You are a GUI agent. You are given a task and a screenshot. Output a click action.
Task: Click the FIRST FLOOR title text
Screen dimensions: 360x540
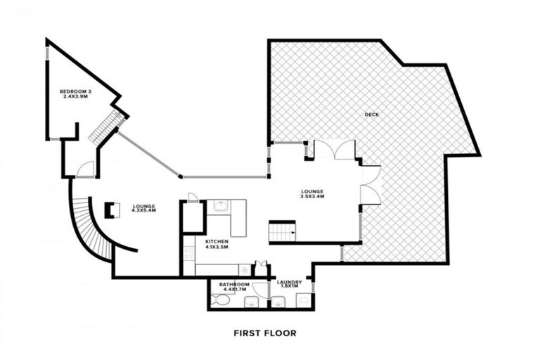(x=264, y=333)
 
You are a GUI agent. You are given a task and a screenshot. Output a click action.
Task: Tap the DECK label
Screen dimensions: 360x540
(x=371, y=115)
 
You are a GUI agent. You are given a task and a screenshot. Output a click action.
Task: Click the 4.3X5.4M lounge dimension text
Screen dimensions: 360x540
(x=143, y=210)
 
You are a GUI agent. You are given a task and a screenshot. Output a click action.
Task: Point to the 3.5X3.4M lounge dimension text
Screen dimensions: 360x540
(x=311, y=197)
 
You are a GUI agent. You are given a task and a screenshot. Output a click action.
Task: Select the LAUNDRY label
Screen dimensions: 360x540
(x=289, y=283)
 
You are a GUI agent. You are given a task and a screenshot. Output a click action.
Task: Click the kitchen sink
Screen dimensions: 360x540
(x=220, y=205)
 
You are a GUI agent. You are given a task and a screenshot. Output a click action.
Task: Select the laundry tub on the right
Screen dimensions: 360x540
(x=303, y=302)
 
